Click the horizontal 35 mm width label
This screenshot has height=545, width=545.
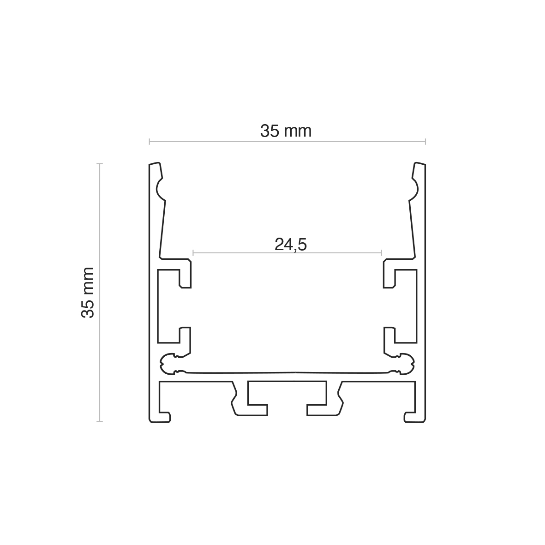(x=286, y=132)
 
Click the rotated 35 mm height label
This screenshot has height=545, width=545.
(x=88, y=292)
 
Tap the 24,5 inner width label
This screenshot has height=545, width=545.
(x=291, y=244)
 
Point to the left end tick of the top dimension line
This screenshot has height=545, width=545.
(x=150, y=142)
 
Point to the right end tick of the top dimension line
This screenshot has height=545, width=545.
(x=425, y=142)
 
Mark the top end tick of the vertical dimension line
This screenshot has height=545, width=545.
(x=100, y=163)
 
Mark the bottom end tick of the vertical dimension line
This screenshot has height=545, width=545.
(x=100, y=421)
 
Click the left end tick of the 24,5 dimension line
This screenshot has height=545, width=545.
(x=193, y=252)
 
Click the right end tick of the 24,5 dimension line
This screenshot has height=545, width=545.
(x=382, y=252)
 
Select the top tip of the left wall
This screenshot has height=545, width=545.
(x=155, y=162)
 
